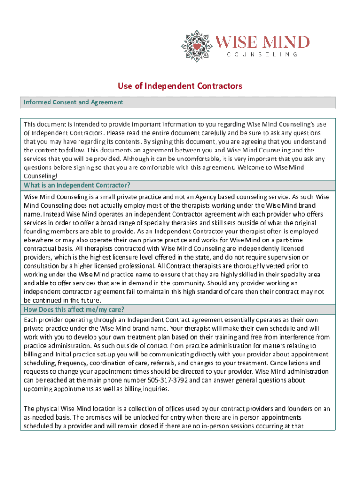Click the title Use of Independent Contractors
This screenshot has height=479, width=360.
(180, 86)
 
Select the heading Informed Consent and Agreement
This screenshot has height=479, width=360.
(74, 102)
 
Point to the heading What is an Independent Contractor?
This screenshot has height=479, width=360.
(77, 185)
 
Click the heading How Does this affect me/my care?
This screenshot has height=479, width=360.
(74, 310)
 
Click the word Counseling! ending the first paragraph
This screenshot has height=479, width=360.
(41, 176)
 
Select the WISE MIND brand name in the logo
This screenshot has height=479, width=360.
(262, 42)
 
